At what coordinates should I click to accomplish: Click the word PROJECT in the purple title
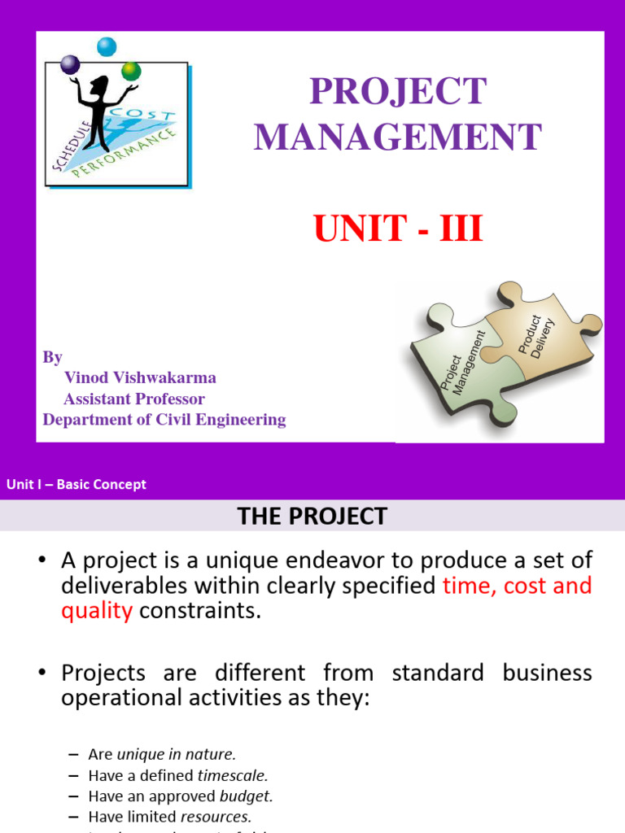pyautogui.click(x=398, y=92)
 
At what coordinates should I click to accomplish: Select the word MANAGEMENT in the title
pyautogui.click(x=398, y=137)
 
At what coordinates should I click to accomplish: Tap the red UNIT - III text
pyautogui.click(x=398, y=229)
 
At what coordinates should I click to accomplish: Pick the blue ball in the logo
pyautogui.click(x=107, y=47)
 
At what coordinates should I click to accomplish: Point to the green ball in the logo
pyautogui.click(x=131, y=71)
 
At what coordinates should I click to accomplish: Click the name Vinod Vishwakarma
pyautogui.click(x=140, y=378)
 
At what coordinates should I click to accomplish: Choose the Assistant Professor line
pyautogui.click(x=134, y=399)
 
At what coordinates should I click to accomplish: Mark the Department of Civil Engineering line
pyautogui.click(x=164, y=421)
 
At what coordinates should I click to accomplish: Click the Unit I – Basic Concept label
pyautogui.click(x=76, y=485)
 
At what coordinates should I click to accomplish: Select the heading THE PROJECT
pyautogui.click(x=312, y=517)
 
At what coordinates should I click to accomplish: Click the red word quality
pyautogui.click(x=97, y=611)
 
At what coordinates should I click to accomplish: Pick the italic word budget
pyautogui.click(x=247, y=796)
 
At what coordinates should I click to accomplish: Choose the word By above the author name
pyautogui.click(x=52, y=357)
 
